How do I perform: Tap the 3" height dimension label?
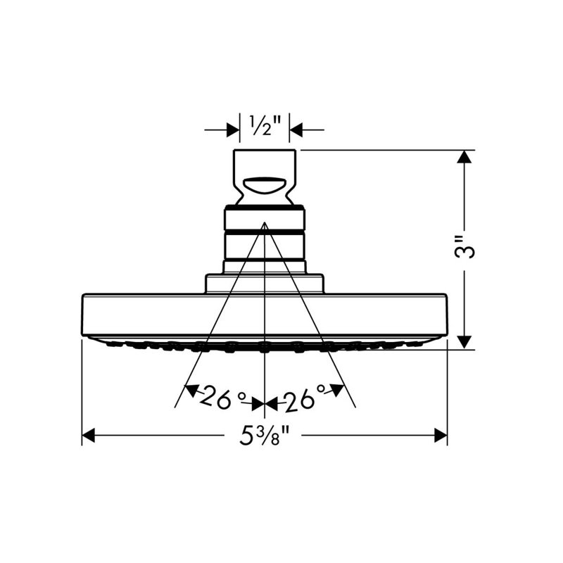(464, 248)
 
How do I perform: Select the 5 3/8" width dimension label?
(265, 435)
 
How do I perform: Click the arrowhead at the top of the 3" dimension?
(465, 156)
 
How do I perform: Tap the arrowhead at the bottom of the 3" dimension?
(465, 342)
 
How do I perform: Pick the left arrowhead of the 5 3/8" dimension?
(89, 435)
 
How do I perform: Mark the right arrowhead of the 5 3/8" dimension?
(441, 435)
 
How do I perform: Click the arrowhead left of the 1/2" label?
(233, 129)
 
